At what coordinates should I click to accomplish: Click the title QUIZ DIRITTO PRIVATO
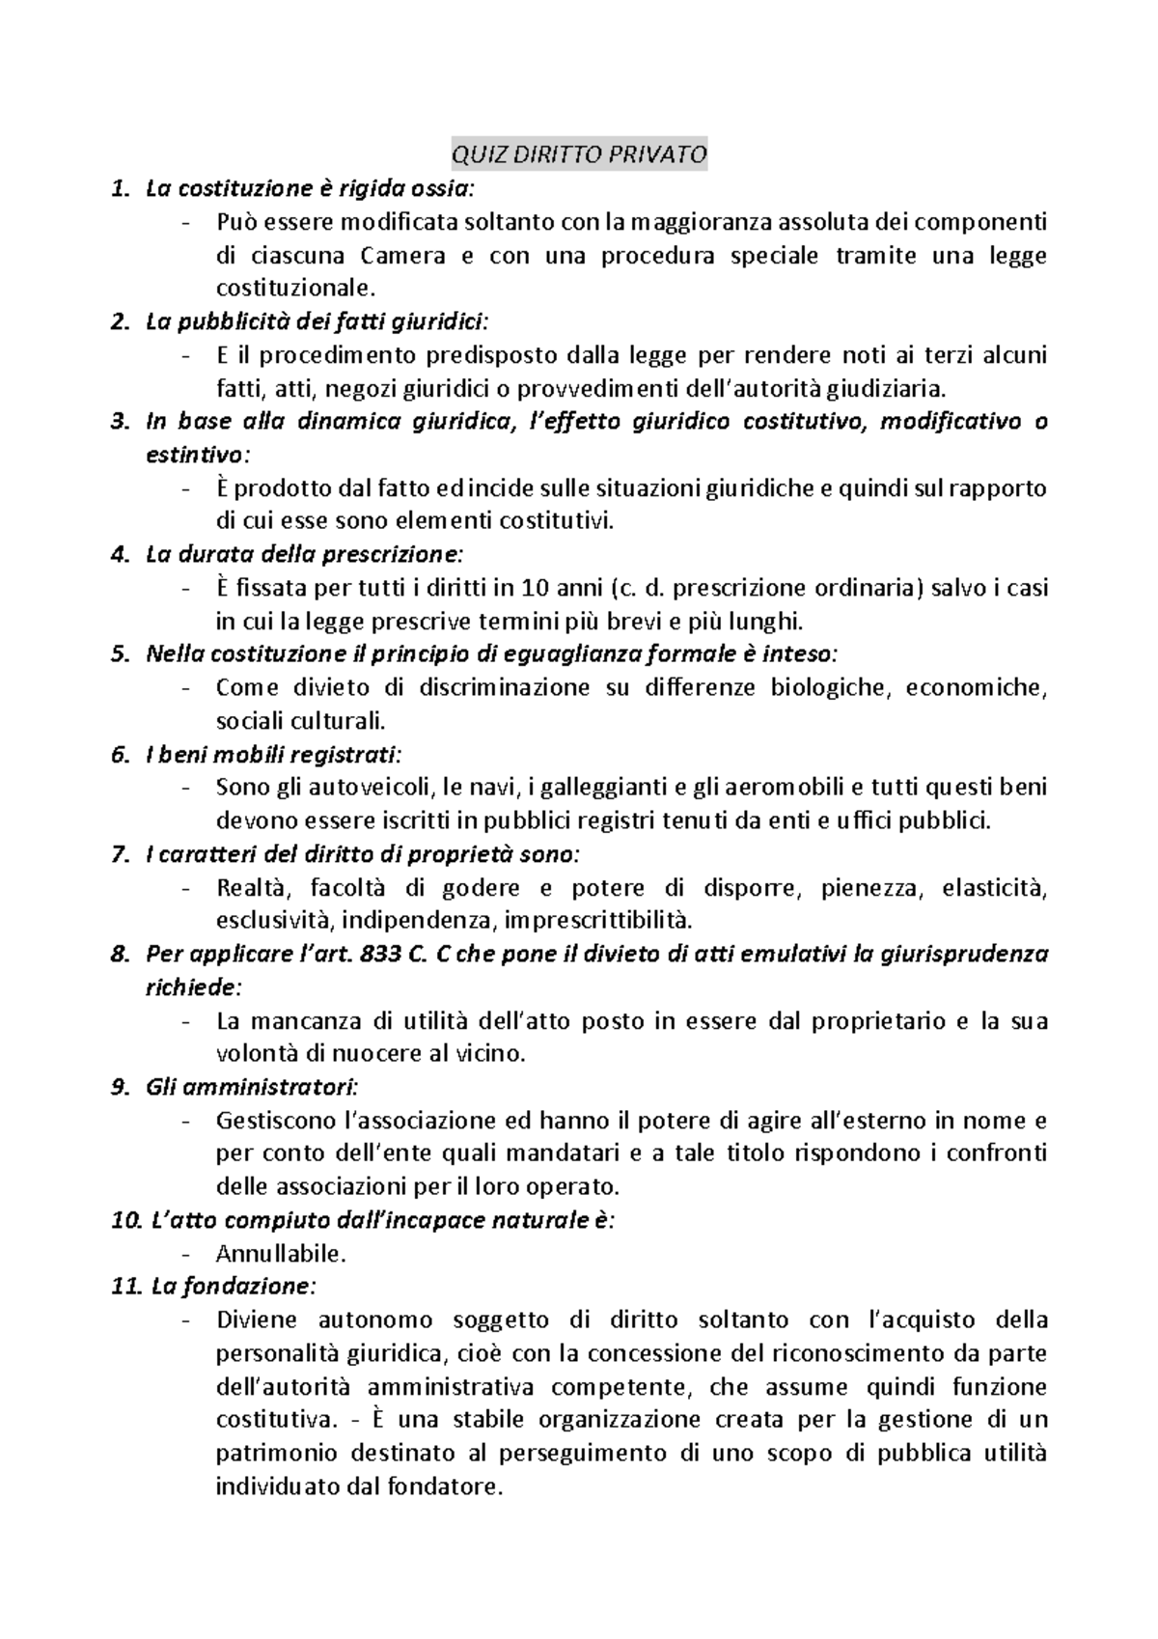coord(579,154)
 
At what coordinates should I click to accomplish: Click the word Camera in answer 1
coord(403,256)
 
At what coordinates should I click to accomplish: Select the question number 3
coord(119,421)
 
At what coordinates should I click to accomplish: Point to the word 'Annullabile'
coord(280,1254)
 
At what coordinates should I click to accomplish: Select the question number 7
coord(119,854)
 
